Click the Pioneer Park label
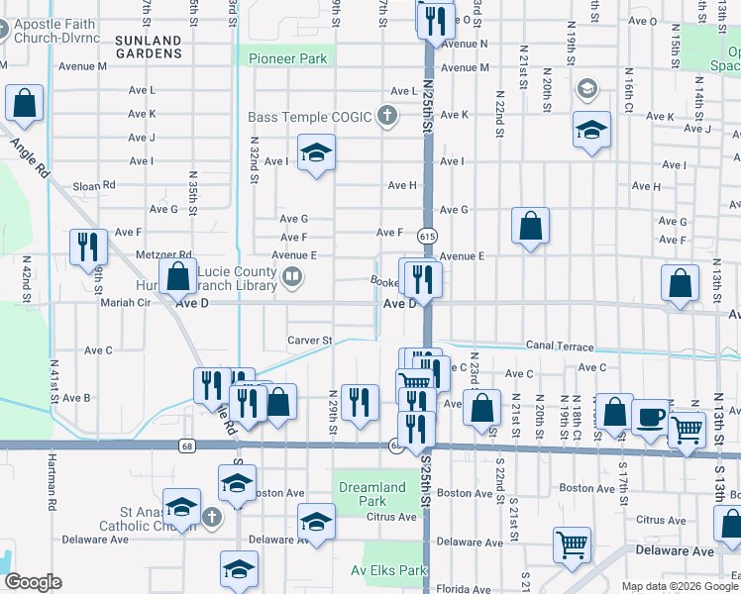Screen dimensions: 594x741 287,58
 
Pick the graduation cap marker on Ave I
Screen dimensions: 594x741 316,152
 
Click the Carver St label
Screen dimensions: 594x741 309,341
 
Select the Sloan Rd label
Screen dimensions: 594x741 94,185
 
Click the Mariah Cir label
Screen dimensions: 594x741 125,303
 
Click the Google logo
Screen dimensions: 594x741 33,581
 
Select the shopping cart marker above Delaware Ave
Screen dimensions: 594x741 573,544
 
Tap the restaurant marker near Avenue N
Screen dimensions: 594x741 435,20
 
